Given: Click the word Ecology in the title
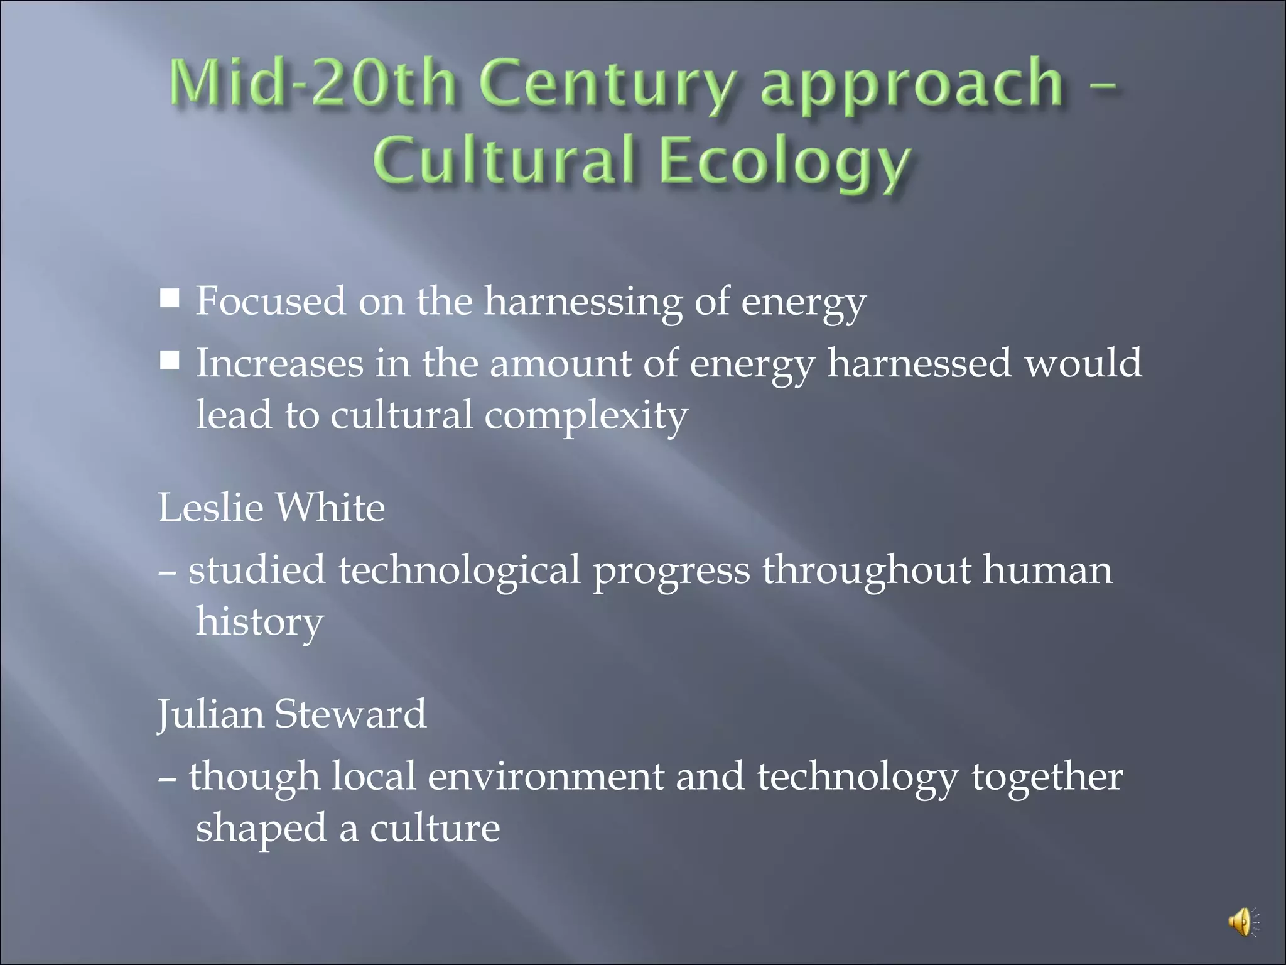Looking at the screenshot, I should (x=786, y=162).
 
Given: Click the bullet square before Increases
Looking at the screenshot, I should (x=170, y=361).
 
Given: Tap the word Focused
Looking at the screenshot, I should (x=271, y=301).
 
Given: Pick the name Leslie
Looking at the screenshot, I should (x=210, y=508).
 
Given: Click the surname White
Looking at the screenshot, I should (x=330, y=508).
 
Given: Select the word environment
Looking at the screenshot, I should (x=546, y=777).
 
